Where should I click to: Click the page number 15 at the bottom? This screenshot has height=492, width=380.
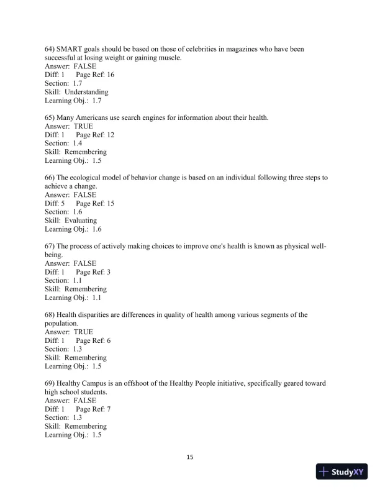(190, 458)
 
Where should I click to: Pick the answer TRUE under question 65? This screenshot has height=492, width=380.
(83, 126)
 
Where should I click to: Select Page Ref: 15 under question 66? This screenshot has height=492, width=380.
(95, 203)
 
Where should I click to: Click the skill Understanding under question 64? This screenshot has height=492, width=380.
(86, 92)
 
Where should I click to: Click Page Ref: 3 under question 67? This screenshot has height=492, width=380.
(93, 272)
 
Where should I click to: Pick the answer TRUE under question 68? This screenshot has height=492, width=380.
(83, 332)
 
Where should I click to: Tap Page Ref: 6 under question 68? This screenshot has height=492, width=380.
(93, 341)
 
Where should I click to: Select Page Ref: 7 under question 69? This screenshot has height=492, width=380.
(93, 409)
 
